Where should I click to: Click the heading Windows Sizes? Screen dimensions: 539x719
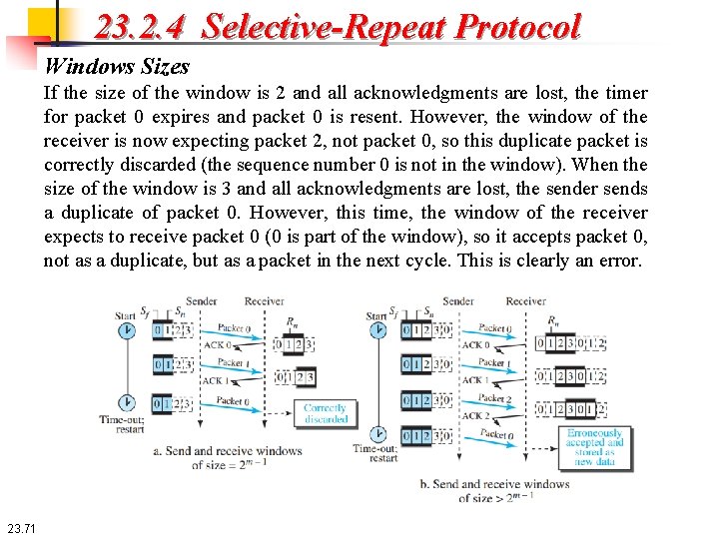tap(117, 67)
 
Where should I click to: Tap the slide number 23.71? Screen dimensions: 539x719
tap(20, 528)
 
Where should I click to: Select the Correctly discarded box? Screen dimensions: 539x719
tap(325, 413)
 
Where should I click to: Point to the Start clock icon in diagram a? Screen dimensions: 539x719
tap(127, 332)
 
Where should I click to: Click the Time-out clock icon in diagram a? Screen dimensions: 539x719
tap(127, 403)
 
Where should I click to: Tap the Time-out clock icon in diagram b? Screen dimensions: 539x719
tap(377, 434)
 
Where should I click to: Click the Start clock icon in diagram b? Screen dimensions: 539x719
tap(377, 332)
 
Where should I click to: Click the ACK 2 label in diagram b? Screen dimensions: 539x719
tap(475, 415)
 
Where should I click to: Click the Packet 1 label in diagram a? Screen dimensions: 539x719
tap(231, 363)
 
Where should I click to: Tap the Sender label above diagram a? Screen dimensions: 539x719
tap(201, 300)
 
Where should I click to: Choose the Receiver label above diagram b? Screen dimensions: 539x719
tap(525, 300)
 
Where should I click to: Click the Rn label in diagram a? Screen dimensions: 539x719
tap(293, 322)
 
